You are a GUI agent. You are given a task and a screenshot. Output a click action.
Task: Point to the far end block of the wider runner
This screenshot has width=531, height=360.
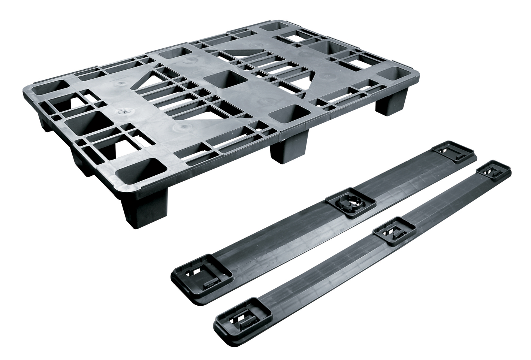pos(453,153)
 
